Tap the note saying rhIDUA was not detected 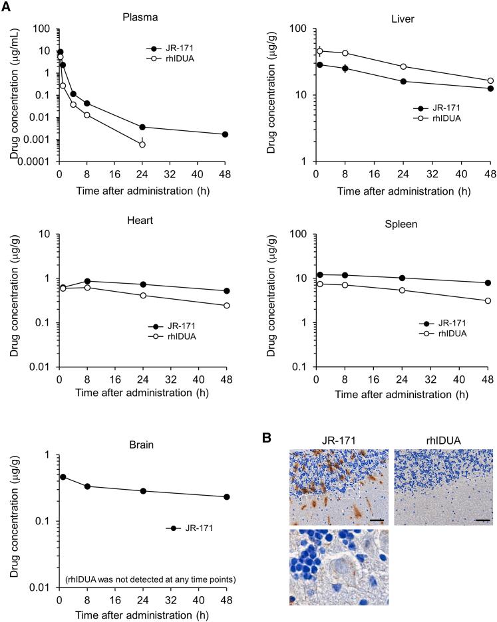click(x=143, y=578)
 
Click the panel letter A click(x=9, y=7)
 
